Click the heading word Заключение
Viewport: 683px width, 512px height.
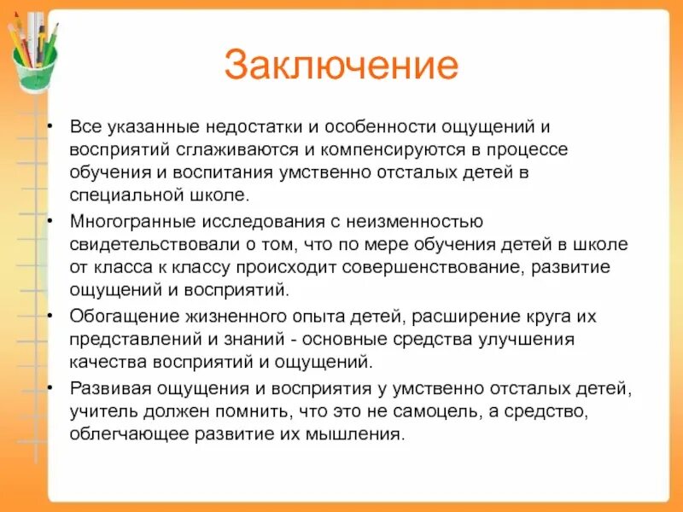[x=341, y=66]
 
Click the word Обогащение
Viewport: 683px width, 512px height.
[x=117, y=317]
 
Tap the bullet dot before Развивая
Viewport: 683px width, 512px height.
[x=52, y=389]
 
